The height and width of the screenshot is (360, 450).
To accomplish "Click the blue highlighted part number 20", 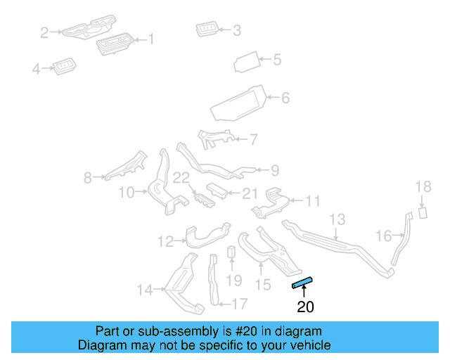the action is (302, 283).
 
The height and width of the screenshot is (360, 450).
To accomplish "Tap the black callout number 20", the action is (305, 307).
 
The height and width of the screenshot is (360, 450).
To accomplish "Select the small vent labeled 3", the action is (207, 29).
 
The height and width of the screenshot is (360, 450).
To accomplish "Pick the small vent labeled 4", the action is (64, 66).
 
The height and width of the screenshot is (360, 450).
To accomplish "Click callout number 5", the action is (277, 60).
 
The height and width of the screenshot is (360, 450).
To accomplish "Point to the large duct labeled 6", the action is (239, 103).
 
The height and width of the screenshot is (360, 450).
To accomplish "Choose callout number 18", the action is (423, 186).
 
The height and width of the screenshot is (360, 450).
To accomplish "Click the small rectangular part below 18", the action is (423, 212).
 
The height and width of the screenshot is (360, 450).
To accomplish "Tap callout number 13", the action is (337, 219).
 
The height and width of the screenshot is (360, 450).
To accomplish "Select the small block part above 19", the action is (231, 252).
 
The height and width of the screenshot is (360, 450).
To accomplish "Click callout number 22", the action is (181, 178).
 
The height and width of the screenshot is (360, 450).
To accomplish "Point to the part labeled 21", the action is (217, 191).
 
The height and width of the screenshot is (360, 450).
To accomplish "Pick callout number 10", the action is (127, 193).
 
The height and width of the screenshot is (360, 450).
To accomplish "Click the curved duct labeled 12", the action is (207, 236).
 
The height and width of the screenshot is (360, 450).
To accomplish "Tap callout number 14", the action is (145, 290).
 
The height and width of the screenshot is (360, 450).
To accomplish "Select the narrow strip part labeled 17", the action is (213, 280).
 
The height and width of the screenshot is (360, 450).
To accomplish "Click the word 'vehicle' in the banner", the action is (314, 345).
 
